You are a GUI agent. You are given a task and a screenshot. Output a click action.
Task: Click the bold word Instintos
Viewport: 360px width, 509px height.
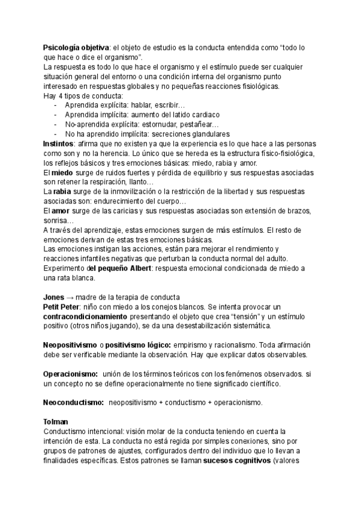click(x=58, y=144)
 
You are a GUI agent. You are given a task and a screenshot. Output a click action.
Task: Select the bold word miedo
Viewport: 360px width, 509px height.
click(x=63, y=172)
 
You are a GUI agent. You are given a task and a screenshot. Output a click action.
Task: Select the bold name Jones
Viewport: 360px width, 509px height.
click(x=55, y=297)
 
